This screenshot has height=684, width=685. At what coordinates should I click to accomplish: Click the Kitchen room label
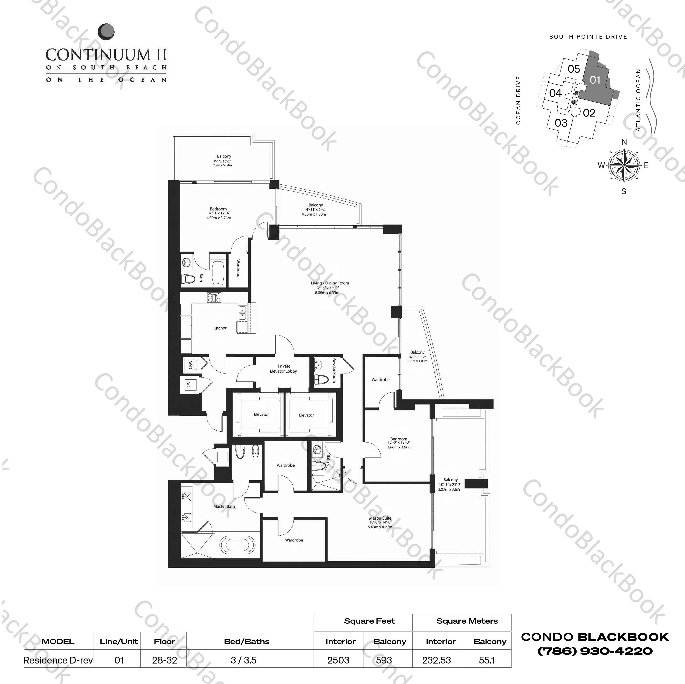click(220, 328)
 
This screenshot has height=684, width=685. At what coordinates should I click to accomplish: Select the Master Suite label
click(380, 518)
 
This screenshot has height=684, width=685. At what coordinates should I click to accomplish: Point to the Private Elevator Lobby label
click(284, 369)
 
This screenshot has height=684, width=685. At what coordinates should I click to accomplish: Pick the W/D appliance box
click(190, 364)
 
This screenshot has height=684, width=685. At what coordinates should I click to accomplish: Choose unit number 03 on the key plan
click(561, 123)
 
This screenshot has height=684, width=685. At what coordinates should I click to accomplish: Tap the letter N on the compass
click(624, 142)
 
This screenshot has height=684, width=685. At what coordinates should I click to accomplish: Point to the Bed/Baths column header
click(247, 641)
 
